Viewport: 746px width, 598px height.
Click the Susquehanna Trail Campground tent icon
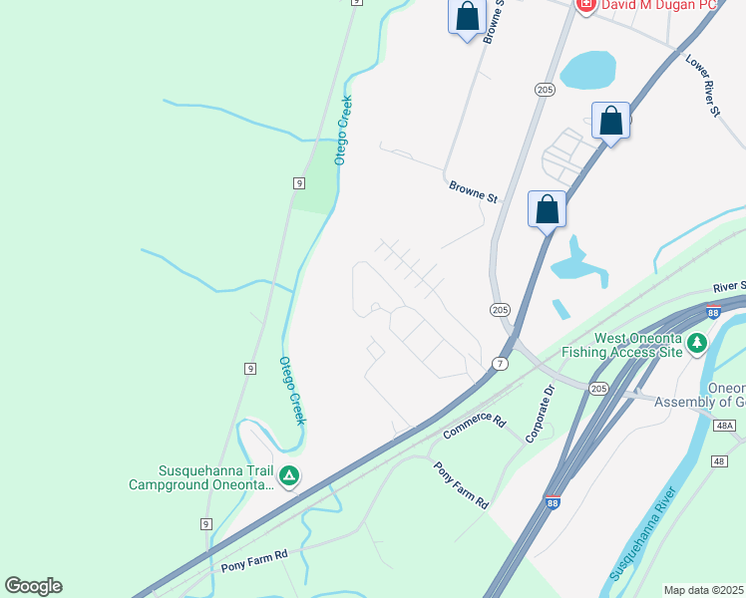[288, 476]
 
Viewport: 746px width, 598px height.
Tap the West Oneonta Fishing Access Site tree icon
[697, 345]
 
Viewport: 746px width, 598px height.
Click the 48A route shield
[725, 426]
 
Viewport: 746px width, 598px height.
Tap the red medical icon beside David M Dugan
[585, 5]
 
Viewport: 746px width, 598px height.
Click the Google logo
[33, 585]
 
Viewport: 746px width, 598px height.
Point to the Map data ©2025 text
[703, 590]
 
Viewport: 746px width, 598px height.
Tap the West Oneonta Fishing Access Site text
[621, 345]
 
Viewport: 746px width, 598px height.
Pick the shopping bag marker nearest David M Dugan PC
[467, 17]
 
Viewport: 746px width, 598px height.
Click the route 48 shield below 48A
[720, 461]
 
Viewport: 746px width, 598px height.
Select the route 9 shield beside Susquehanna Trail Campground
[206, 523]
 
